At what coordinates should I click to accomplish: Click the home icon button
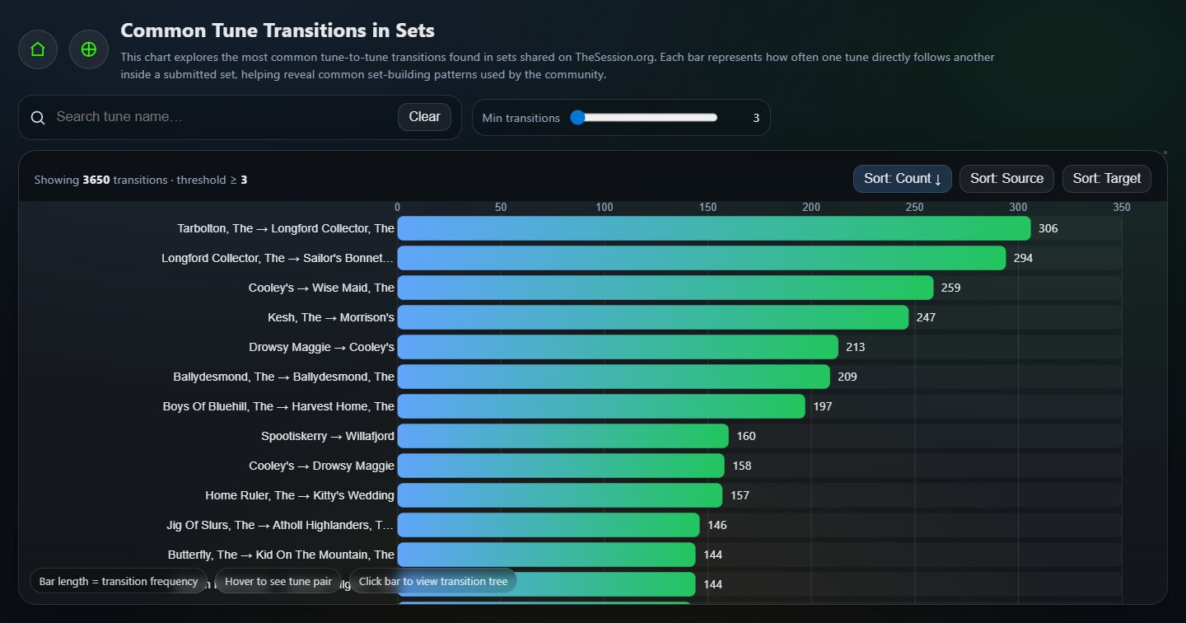tap(38, 49)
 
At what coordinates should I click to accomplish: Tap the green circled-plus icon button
tap(89, 49)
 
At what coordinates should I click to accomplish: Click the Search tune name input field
tap(222, 117)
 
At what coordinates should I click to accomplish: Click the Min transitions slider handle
tap(577, 118)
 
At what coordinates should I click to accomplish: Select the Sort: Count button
tap(902, 179)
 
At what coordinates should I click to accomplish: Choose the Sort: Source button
tap(1006, 179)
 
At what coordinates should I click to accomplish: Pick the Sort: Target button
tap(1106, 179)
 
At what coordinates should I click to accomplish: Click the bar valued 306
tap(713, 228)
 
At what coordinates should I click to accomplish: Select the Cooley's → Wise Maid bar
tap(665, 288)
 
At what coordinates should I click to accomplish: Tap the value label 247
tap(926, 317)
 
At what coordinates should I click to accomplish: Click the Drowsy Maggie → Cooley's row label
tap(321, 347)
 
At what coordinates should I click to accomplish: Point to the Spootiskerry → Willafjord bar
tap(563, 436)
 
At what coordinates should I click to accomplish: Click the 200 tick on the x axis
tap(811, 207)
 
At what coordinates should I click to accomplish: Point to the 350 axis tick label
tap(1121, 207)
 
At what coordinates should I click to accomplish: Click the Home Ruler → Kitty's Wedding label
tap(300, 495)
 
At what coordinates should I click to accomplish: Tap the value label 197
tap(823, 406)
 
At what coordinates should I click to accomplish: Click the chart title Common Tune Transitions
tap(278, 30)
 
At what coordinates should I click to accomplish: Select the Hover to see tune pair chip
tap(278, 581)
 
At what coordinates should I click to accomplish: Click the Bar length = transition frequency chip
tap(119, 581)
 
